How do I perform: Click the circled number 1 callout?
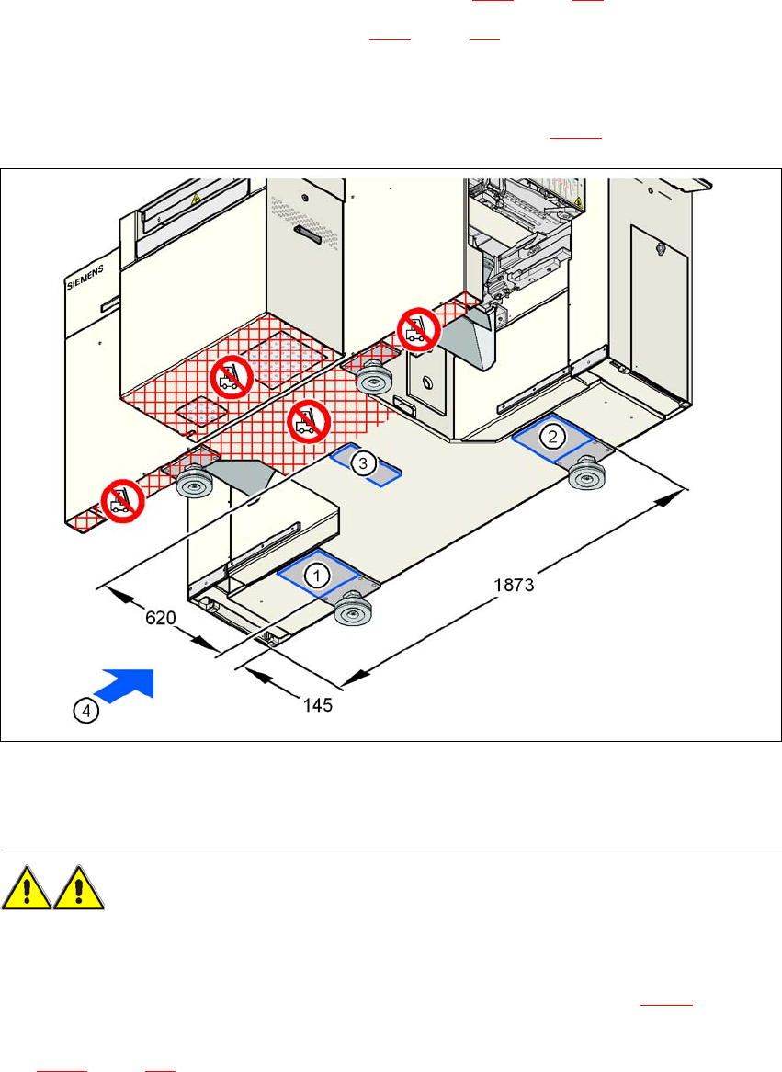[x=316, y=576]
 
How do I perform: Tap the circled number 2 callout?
[x=551, y=436]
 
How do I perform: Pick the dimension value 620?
[x=160, y=619]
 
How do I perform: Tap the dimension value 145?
[x=316, y=706]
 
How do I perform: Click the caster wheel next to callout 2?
[x=585, y=477]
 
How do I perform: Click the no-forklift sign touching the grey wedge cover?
[x=419, y=327]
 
